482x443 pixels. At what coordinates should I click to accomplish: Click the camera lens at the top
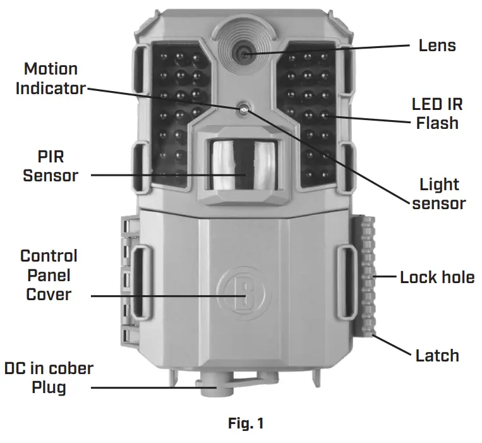pyautogui.click(x=244, y=54)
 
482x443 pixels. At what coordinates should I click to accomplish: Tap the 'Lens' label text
pyautogui.click(x=437, y=46)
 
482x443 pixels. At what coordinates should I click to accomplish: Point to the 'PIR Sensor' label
pyautogui.click(x=51, y=166)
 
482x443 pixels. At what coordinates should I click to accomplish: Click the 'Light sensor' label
pyautogui.click(x=438, y=194)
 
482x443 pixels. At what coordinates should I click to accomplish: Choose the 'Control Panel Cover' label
pyautogui.click(x=48, y=275)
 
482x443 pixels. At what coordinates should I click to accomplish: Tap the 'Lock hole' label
pyautogui.click(x=437, y=277)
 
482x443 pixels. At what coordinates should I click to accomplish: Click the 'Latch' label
pyautogui.click(x=437, y=355)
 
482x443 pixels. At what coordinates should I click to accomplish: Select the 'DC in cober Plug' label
pyautogui.click(x=48, y=377)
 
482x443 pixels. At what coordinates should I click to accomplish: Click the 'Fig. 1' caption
pyautogui.click(x=245, y=424)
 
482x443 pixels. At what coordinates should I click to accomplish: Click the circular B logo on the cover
pyautogui.click(x=241, y=291)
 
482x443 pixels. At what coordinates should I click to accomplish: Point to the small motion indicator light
pyautogui.click(x=243, y=109)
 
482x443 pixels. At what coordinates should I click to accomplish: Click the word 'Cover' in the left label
pyautogui.click(x=48, y=295)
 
